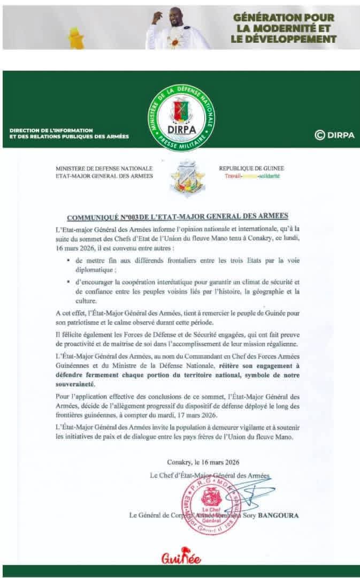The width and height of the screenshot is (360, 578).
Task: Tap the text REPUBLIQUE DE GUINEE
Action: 249,168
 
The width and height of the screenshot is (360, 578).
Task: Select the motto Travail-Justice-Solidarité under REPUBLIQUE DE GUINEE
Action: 249,176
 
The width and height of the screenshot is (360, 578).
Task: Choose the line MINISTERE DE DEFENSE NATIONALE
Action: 104,168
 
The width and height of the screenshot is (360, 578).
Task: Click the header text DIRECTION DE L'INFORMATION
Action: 51,130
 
